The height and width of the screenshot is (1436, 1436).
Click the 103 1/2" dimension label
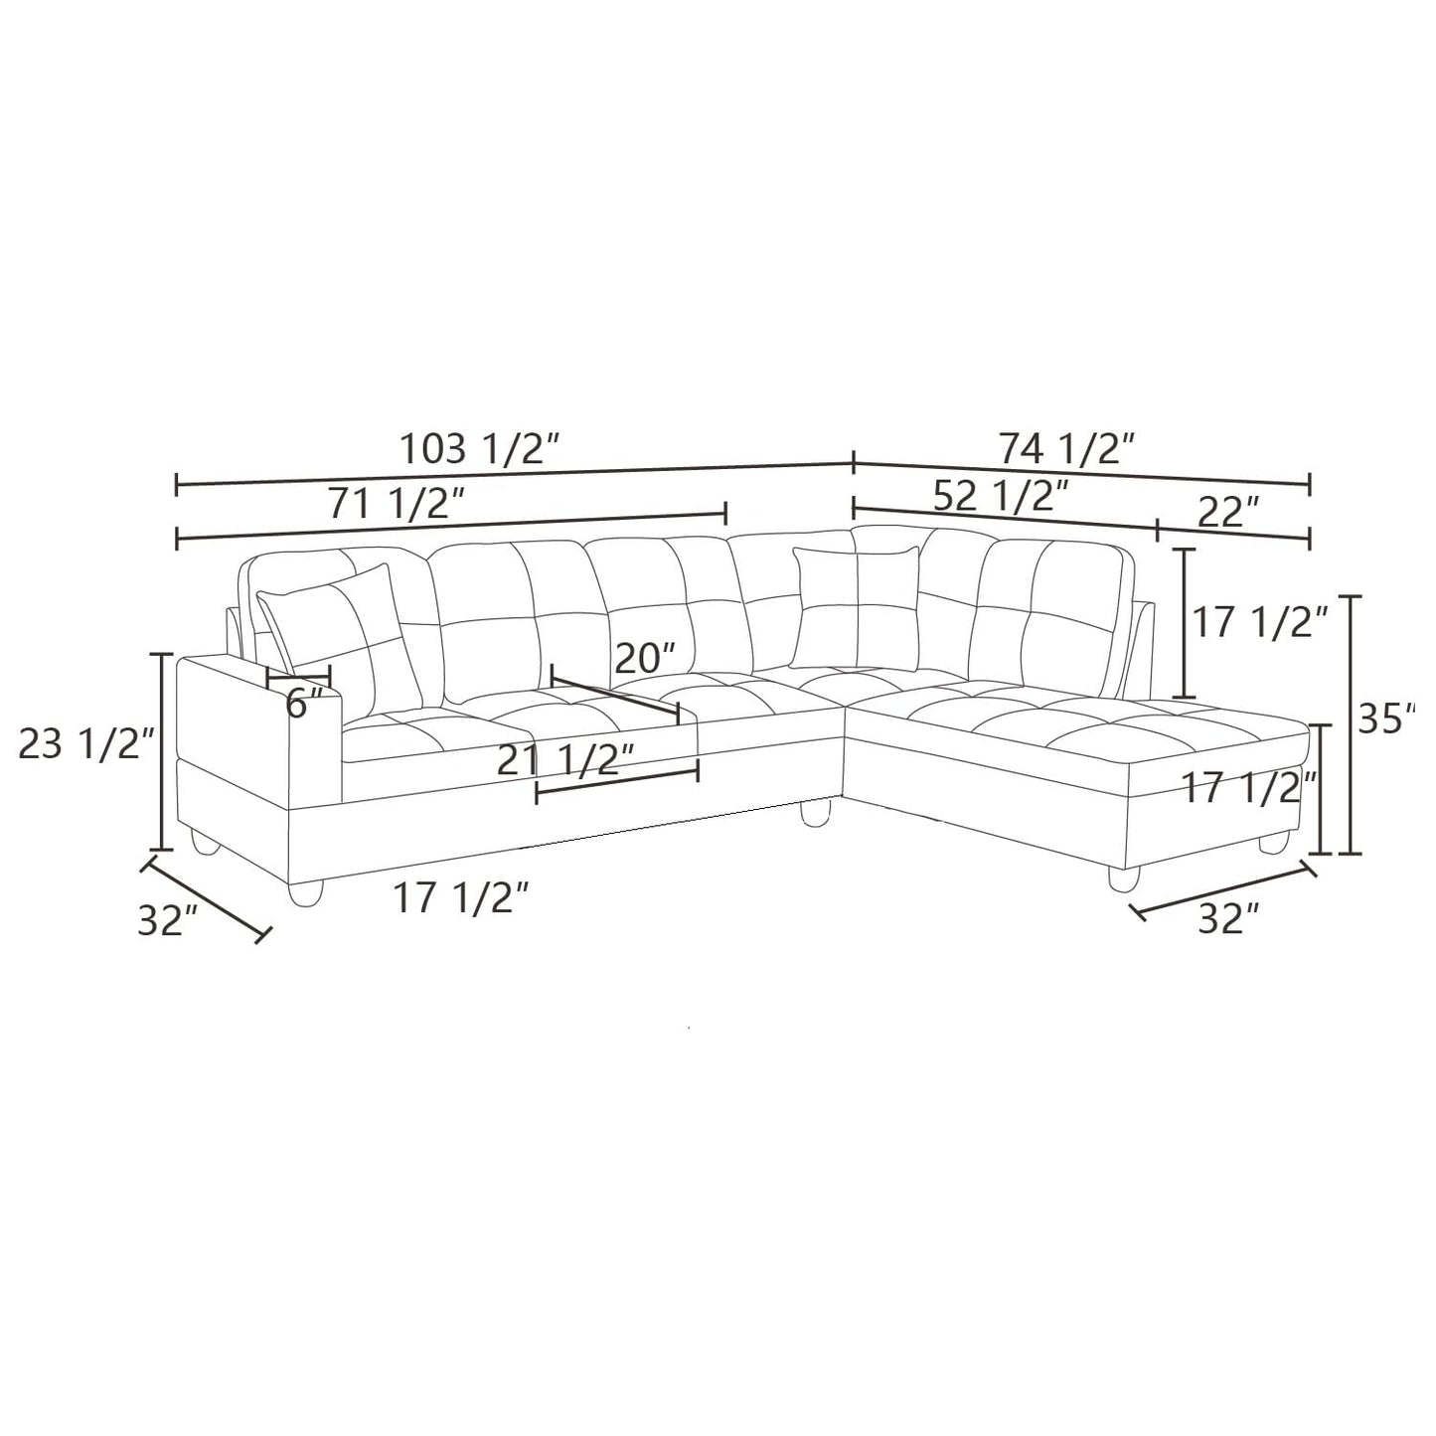pyautogui.click(x=481, y=449)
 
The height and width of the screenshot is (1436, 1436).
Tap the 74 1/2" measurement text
pyautogui.click(x=1065, y=448)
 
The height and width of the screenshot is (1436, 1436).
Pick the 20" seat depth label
pyautogui.click(x=644, y=658)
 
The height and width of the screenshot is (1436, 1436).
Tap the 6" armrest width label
pyautogui.click(x=304, y=704)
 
